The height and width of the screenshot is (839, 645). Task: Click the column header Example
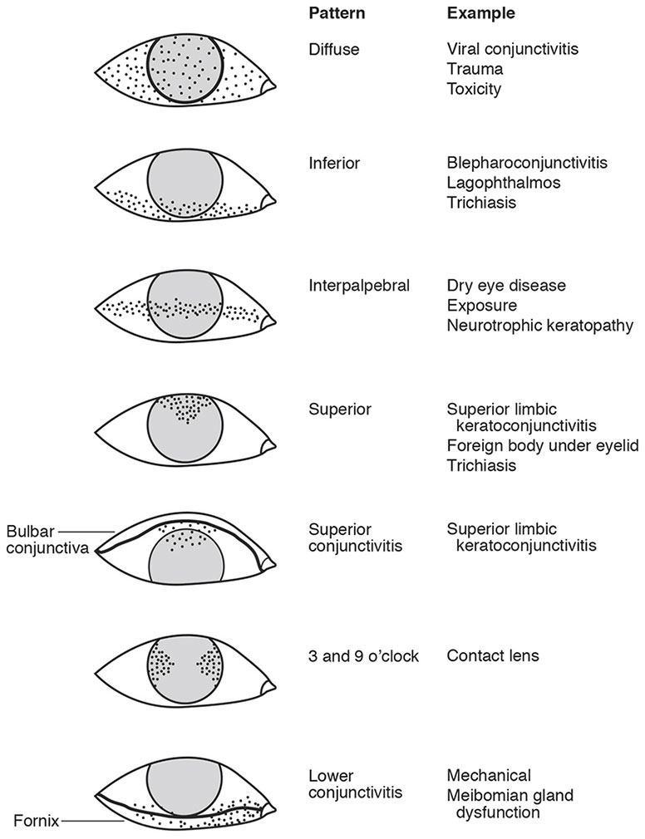480,13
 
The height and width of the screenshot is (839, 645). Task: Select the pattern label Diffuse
333,50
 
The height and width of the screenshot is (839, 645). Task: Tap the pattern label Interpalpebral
359,286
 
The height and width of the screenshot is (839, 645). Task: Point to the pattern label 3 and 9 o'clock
363,656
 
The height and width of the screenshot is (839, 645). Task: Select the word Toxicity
474,88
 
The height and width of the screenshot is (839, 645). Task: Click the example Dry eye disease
506,286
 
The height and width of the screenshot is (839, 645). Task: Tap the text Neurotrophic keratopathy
539,325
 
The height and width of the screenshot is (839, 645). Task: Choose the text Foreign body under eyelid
542,446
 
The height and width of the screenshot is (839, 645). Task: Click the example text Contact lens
493,656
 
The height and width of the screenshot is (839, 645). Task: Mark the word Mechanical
489,776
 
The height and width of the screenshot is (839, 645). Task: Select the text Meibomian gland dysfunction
510,804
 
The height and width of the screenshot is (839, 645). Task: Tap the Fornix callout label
37,822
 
